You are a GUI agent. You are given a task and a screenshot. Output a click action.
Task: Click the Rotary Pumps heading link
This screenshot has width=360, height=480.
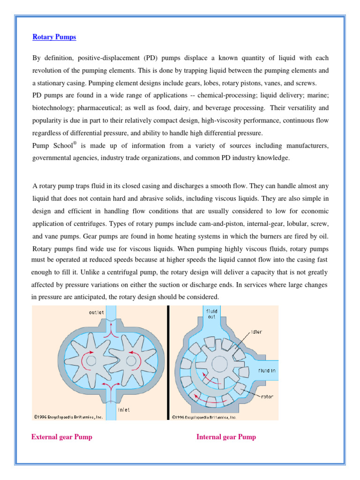(54, 37)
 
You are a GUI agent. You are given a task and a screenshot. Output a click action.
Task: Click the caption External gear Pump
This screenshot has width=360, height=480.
(62, 437)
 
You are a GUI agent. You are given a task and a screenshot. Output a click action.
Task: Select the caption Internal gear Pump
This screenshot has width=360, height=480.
(226, 437)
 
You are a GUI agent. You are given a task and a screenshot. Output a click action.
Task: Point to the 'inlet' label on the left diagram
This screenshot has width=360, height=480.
(124, 410)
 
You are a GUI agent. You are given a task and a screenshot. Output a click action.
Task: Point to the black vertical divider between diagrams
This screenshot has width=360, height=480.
(168, 361)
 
